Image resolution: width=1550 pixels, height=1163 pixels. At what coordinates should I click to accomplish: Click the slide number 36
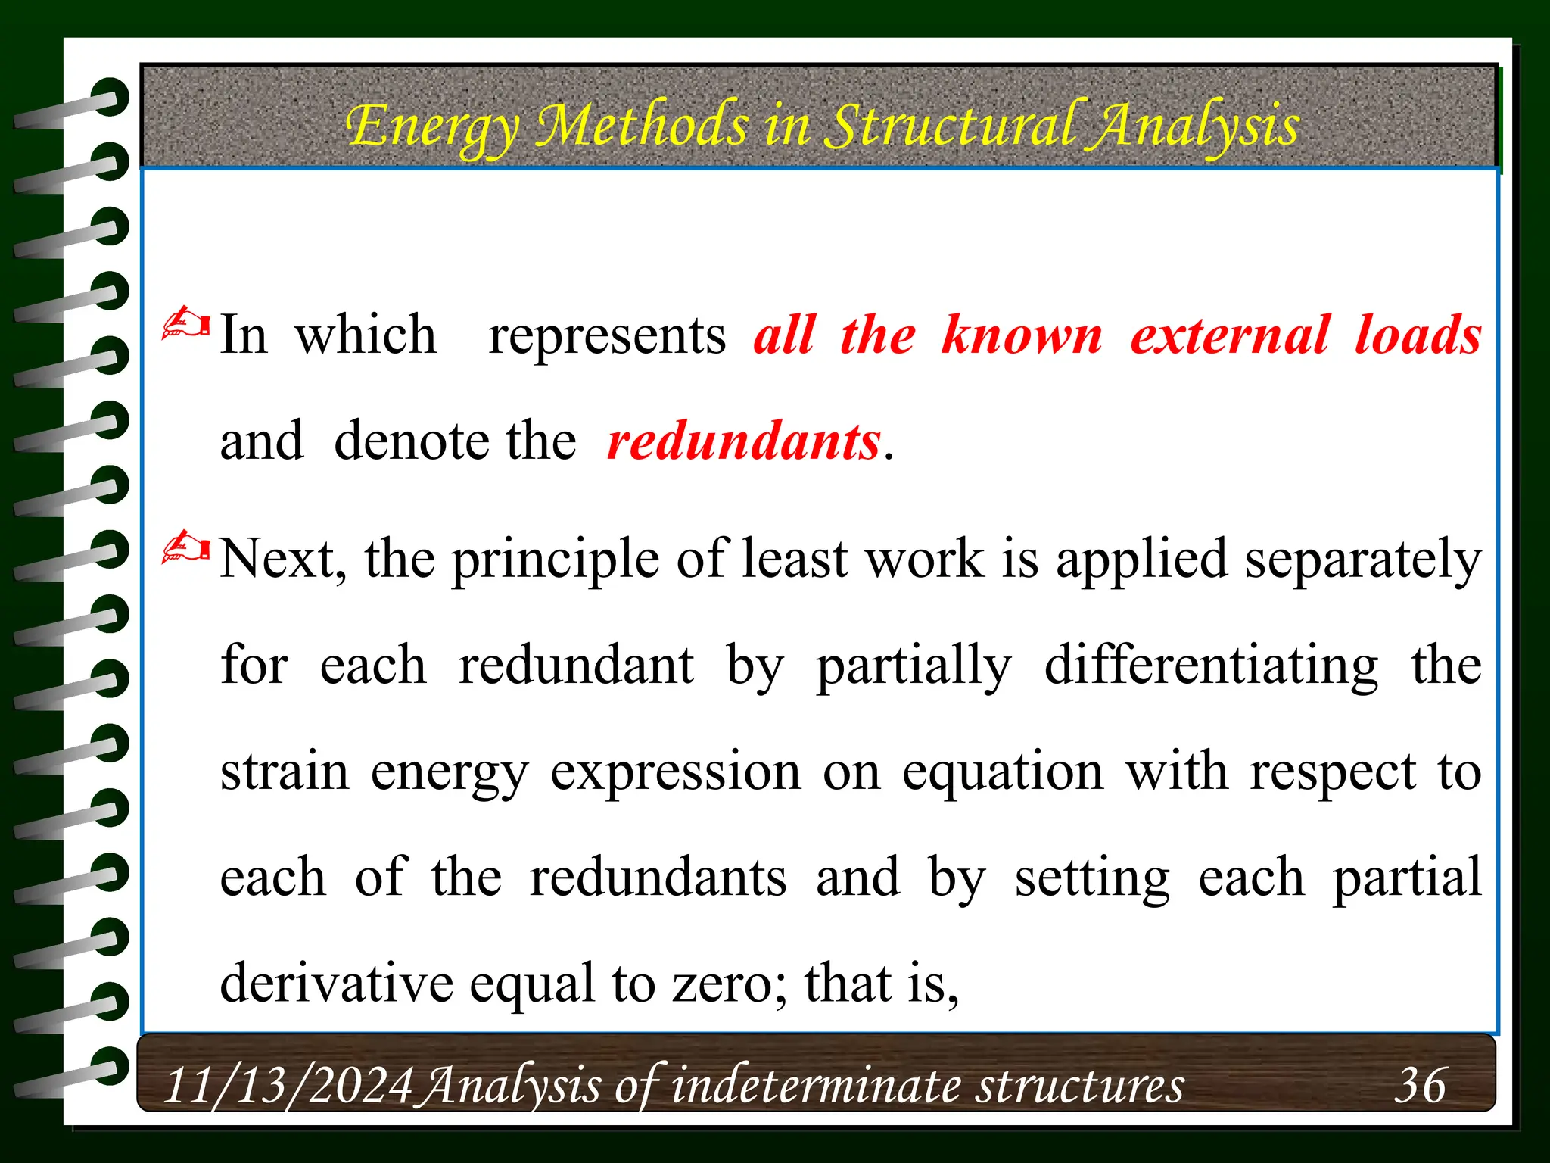coord(1420,1084)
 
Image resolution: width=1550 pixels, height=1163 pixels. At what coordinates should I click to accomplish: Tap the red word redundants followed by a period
coord(744,441)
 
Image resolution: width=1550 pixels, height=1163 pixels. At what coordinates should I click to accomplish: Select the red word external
coord(1229,335)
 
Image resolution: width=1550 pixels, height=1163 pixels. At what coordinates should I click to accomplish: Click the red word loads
coord(1418,335)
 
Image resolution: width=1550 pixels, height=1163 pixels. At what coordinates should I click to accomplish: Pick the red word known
coord(1022,335)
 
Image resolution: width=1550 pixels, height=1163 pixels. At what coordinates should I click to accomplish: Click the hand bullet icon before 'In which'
coord(186,324)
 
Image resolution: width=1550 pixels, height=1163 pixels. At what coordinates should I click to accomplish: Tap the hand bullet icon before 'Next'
coord(186,548)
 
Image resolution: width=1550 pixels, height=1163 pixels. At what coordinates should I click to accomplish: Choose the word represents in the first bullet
coord(607,335)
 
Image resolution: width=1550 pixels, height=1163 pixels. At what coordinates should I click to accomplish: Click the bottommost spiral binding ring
coord(76,1069)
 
